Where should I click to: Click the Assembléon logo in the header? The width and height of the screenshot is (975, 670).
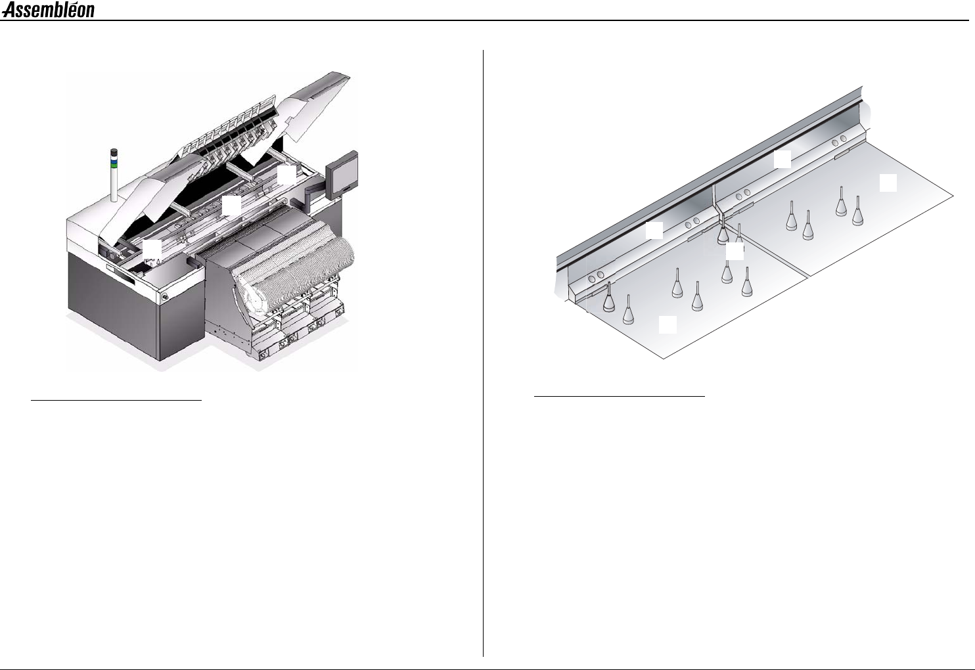48,10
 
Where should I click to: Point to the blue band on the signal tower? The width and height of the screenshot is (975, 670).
114,160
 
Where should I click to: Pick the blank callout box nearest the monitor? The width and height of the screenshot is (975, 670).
286,175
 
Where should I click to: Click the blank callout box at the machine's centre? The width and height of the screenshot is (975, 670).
231,206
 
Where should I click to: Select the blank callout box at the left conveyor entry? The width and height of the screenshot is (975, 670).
152,248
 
